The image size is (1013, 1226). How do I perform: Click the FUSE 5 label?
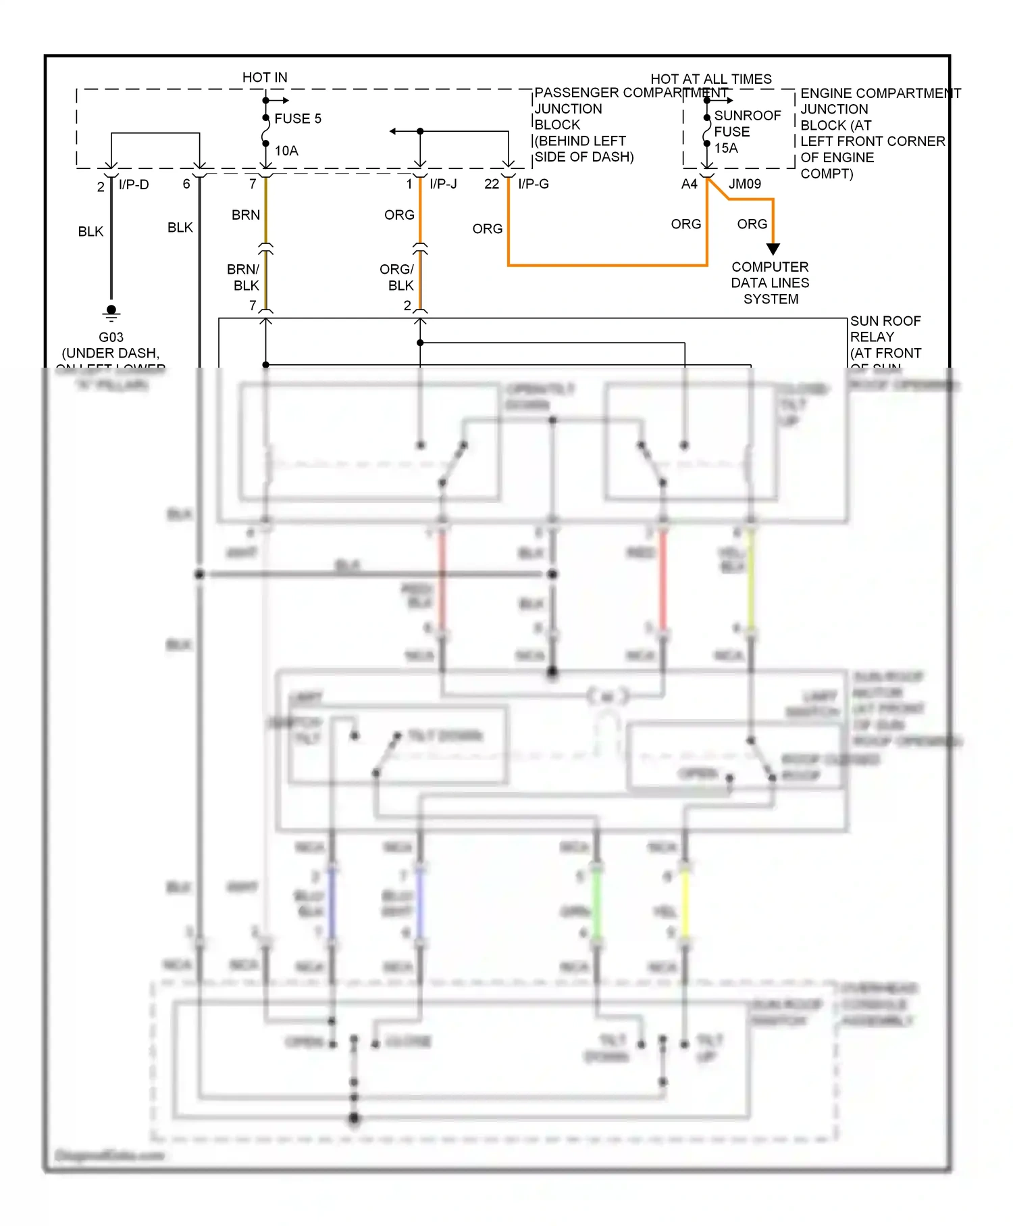click(x=297, y=119)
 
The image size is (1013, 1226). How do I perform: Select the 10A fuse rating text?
click(x=286, y=151)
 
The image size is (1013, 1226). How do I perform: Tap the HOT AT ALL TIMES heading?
click(x=710, y=79)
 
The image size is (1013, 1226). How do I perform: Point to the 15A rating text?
click(x=726, y=148)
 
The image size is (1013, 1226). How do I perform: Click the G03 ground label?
click(x=111, y=337)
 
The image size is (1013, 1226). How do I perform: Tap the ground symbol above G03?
click(x=111, y=312)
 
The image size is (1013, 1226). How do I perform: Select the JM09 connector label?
click(x=744, y=184)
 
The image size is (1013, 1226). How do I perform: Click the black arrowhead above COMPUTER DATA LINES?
click(x=773, y=249)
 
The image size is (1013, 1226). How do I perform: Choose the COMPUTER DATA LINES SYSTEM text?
click(x=770, y=283)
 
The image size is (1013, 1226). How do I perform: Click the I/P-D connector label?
click(x=134, y=185)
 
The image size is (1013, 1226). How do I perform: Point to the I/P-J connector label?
click(x=443, y=184)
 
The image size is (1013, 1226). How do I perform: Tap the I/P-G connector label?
click(x=533, y=184)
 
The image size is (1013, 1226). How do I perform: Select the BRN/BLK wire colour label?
click(x=244, y=277)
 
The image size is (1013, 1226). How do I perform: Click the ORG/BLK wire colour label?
click(x=397, y=277)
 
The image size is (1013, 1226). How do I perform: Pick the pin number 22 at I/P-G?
click(x=492, y=184)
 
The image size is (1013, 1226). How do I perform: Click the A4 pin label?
click(x=689, y=184)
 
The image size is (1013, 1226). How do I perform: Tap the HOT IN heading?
click(x=265, y=78)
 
